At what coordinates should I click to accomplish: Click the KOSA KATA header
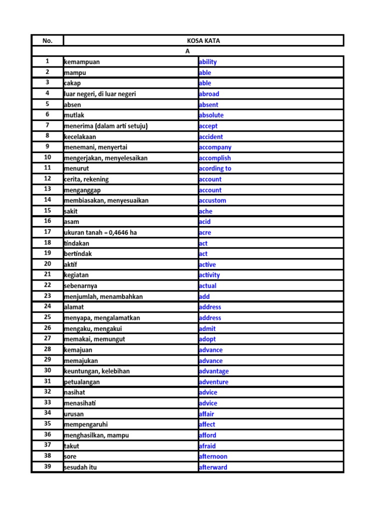pos(203,40)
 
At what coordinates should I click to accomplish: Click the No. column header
pos(47,40)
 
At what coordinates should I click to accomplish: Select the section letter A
pos(187,51)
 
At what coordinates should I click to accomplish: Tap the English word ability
pos(207,62)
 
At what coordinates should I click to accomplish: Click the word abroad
pos(208,94)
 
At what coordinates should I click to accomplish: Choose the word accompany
pos(215,147)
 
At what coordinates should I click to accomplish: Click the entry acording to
pos(215,168)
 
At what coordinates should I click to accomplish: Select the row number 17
pos(47,232)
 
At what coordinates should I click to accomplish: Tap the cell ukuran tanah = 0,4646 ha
pos(100,232)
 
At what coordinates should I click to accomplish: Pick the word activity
pos(209,275)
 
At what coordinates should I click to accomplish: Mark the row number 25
pos(47,317)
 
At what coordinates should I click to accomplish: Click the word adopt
pos(207,339)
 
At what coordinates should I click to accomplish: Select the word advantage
pos(213,371)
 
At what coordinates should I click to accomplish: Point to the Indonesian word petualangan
pos(82,382)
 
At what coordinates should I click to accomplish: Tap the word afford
pos(207,435)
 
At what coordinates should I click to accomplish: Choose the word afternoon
pos(213,456)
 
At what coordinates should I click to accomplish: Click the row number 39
pos(47,467)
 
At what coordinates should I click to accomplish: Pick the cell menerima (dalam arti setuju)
pos(105,126)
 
